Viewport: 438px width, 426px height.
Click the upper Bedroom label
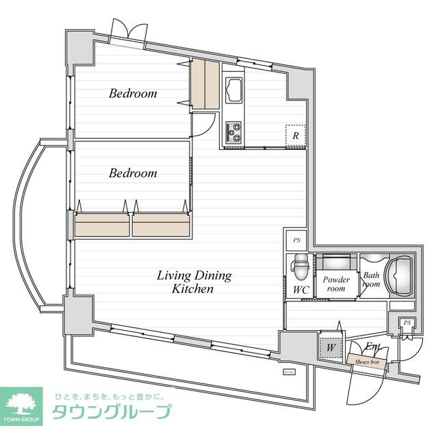pos(133,93)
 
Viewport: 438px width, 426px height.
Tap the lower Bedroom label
pos(133,173)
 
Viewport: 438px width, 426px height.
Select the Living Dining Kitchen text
pos(194,282)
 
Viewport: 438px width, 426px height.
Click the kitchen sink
pos(233,90)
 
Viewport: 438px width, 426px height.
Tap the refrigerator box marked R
pos(295,135)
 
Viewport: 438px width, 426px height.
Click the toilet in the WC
pos(299,265)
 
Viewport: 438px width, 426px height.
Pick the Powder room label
pos(336,284)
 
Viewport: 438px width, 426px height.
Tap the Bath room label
pos(371,281)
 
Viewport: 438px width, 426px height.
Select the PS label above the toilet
pos(296,240)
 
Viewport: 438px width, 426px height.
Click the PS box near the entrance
pos(407,323)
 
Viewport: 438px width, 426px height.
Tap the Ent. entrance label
pos(374,347)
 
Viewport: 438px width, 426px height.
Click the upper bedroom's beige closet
pos(205,84)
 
